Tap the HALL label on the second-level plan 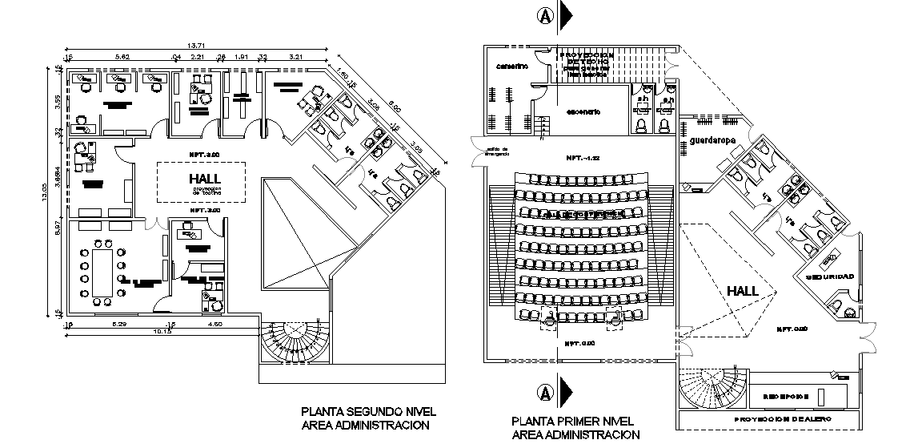206,179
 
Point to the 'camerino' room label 511,67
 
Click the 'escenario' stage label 583,111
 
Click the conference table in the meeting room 102,271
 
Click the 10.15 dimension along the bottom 163,330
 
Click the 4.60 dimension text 214,324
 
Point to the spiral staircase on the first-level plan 704,392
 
